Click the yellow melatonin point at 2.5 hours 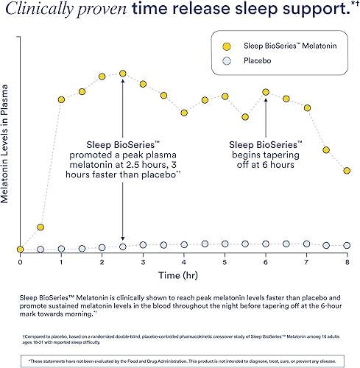[122, 74]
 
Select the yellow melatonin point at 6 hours [265, 92]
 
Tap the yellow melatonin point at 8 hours [346, 171]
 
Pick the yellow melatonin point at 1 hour [62, 99]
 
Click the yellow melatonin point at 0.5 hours [41, 227]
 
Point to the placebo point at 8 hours [346, 245]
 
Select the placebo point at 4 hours [183, 244]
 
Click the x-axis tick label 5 [224, 262]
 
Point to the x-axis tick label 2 [102, 262]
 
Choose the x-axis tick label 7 [306, 262]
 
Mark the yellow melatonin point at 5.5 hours [244, 116]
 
